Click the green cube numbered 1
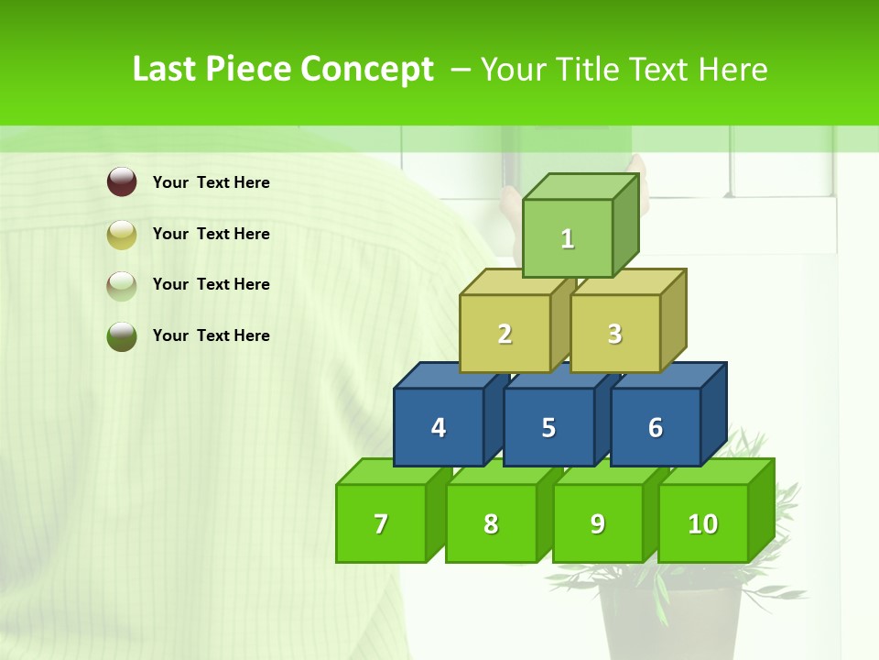pos(568,238)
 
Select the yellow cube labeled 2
pos(505,334)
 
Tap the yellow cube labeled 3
pos(615,334)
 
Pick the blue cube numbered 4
pos(439,427)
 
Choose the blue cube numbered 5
pos(548,427)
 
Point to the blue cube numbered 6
pos(656,427)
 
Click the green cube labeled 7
pos(381,523)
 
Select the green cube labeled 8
pos(491,523)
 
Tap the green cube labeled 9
pos(598,523)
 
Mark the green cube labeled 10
pos(703,523)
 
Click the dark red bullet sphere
pos(122,182)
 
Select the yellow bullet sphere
pos(122,234)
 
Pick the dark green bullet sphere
pos(122,335)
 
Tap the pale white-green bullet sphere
pos(122,285)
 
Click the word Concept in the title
pos(367,70)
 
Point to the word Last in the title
pos(166,70)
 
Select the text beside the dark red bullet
pos(212,182)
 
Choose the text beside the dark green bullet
pos(212,335)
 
